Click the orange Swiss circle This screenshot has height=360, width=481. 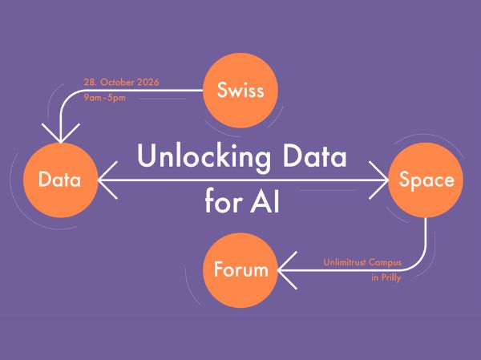pos(240,91)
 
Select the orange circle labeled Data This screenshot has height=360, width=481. pos(61,180)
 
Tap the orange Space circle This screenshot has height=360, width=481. pos(426,180)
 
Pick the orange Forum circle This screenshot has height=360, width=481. pos(240,270)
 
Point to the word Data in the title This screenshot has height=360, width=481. pos(314,156)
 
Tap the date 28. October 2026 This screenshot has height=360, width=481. pos(122,83)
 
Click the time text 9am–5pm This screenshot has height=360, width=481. pos(104,98)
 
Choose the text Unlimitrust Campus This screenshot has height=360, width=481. pos(362,263)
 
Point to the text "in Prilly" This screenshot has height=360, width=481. pos(386,278)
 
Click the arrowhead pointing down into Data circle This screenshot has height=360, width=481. pos(61,134)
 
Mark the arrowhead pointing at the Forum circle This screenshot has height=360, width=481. pos(287,270)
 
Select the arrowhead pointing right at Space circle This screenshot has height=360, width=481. pos(378,180)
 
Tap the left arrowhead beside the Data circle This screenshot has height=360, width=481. pos(107,180)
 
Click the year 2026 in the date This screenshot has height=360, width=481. pos(148,83)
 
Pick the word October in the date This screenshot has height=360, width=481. pos(118,83)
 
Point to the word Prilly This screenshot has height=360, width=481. pos(390,278)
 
